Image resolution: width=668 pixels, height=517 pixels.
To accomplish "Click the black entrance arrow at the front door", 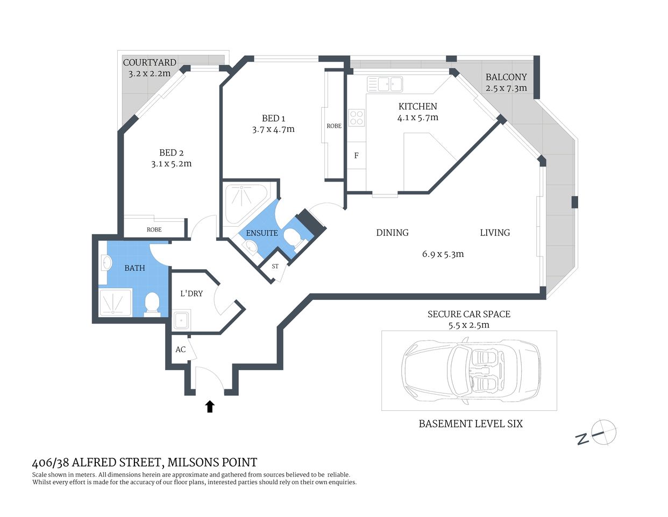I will [210, 407].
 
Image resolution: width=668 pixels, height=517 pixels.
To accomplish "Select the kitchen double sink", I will [385, 84].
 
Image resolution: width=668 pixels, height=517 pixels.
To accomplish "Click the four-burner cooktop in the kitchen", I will [357, 117].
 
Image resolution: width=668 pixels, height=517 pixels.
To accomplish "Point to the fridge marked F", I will [356, 156].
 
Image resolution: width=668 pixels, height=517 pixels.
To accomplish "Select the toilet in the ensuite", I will [293, 237].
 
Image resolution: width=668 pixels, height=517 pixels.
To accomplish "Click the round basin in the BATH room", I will [106, 263].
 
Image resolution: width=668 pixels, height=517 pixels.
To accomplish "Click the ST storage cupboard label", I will [275, 266].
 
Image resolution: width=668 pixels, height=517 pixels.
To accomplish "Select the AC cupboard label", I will [180, 350].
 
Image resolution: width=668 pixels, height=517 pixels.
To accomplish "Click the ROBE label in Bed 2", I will [154, 229].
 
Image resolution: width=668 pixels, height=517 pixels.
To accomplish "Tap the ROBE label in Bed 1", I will [333, 125].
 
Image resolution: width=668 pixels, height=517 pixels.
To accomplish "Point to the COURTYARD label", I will [150, 62].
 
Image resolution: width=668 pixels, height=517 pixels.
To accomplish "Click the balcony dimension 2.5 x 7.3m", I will [506, 88].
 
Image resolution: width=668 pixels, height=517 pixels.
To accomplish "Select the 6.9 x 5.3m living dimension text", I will [443, 254].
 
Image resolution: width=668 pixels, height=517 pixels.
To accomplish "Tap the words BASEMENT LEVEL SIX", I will [471, 424].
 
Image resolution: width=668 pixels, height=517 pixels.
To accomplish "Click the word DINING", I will [392, 233].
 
